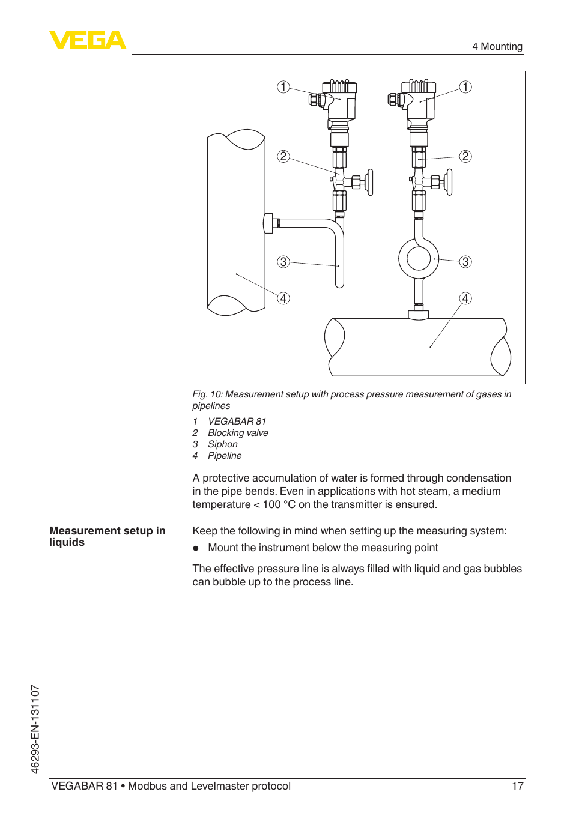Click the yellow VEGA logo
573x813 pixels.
[88, 40]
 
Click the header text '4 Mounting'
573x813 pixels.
[497, 46]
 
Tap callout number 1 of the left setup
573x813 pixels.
[283, 87]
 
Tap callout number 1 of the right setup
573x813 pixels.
[465, 87]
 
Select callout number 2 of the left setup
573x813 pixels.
[283, 157]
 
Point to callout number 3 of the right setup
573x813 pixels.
[465, 262]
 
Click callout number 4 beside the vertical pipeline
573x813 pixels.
[283, 298]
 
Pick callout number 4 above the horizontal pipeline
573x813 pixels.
[465, 298]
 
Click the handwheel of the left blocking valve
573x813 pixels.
[370, 182]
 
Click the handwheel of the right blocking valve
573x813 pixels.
[449, 182]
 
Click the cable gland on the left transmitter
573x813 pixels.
[314, 100]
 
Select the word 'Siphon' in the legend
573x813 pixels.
[223, 444]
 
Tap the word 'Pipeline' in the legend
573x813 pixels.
[225, 456]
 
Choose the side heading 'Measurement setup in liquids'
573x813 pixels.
[108, 536]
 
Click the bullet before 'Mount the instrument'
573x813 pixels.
[196, 548]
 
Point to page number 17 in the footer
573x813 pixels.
[518, 786]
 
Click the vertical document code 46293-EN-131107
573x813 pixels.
[35, 729]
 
